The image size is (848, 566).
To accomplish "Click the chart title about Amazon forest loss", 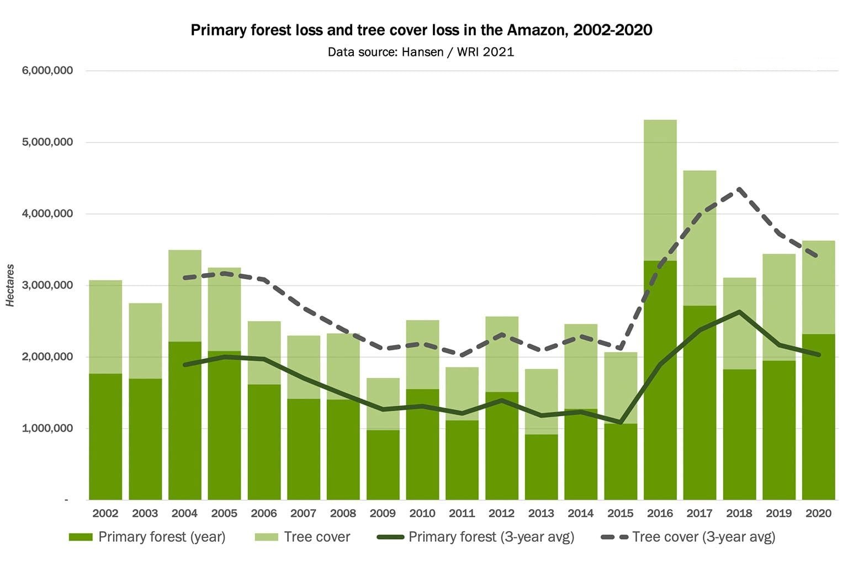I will [421, 30].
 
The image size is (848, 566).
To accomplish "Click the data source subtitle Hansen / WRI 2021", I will [421, 52].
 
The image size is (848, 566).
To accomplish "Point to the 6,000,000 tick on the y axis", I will [47, 71].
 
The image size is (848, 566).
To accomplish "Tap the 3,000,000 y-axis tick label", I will [47, 285].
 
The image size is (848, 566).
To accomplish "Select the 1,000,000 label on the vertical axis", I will [47, 428].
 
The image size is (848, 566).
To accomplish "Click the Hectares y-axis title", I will [10, 285].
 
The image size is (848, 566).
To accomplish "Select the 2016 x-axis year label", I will [660, 513].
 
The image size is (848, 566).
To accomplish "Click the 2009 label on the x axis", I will [383, 513].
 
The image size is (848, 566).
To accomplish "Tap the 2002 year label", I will [105, 513].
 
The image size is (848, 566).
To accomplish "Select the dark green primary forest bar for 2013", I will [541, 467].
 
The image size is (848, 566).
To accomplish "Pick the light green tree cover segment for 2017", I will [699, 238].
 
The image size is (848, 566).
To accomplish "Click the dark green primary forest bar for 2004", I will [185, 420].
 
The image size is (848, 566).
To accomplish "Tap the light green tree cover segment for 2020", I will [818, 287].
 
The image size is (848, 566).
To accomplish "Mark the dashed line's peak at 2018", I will [739, 190].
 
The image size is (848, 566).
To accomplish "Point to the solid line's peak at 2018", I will [739, 312].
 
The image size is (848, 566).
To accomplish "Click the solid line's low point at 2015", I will [621, 423].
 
